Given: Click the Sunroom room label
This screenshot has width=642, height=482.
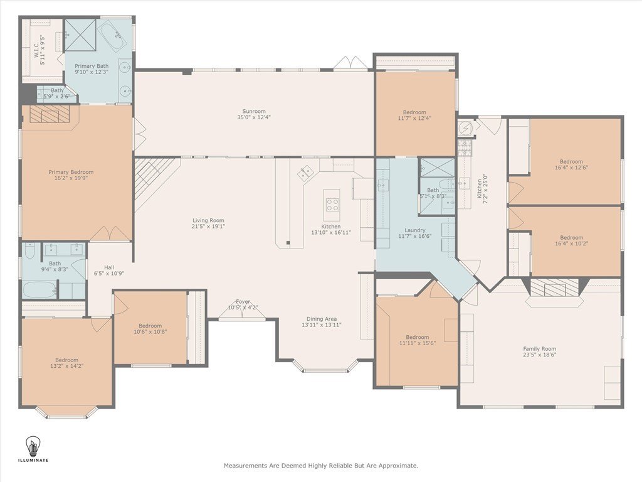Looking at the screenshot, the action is pos(254,112).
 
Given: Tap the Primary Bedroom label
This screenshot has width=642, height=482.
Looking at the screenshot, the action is pos(71,172).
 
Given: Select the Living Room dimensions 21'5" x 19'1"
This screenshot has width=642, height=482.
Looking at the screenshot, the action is pos(208,226).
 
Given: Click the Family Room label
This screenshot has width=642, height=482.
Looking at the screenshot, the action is pos(540,349).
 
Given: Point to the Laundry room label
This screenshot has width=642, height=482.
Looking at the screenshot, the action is pos(415,230).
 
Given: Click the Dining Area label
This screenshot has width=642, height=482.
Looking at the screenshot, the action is pos(322,319).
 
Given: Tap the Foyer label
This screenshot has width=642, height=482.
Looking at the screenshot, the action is pos(243,302).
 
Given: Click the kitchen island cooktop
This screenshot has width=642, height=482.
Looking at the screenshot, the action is pos(332,205).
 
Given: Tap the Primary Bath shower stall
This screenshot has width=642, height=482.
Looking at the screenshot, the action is pos(81,35).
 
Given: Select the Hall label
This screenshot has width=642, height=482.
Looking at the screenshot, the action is pos(109,267).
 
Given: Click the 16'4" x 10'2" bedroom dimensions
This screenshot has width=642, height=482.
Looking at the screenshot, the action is pos(572,244).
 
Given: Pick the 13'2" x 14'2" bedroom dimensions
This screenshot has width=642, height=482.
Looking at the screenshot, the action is pos(66,366).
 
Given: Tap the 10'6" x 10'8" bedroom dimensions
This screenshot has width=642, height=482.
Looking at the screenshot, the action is pos(150,332).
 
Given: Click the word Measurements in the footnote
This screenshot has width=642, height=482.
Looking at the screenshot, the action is pos(245,466).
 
